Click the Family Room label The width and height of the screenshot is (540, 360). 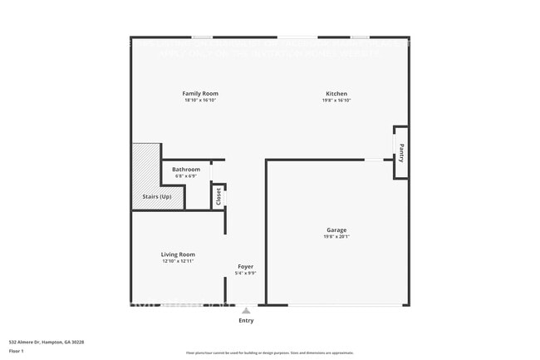pos(200,94)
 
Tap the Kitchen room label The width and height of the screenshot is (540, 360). pos(336,94)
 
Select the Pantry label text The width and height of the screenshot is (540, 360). pos(401,153)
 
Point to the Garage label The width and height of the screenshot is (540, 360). pos(336,229)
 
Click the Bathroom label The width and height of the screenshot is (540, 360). pos(186,170)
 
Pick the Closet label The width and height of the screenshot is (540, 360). pos(218,196)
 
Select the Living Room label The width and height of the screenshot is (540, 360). pos(178,254)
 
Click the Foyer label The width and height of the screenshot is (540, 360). pos(246,266)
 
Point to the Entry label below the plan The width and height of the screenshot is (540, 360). pos(246,320)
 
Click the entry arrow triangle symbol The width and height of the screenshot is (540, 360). pos(246,310)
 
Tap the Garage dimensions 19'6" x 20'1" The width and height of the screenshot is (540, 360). pos(336,236)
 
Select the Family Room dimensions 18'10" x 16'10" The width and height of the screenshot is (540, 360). pos(200,101)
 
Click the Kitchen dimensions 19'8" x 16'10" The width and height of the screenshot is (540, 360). pos(336,101)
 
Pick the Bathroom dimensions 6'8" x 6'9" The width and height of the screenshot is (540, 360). pos(186,176)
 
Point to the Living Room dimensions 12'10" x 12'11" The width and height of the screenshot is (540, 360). pos(178,261)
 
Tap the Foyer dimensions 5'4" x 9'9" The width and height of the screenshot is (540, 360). pos(246,273)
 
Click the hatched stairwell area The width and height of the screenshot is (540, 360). pos(146,166)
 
